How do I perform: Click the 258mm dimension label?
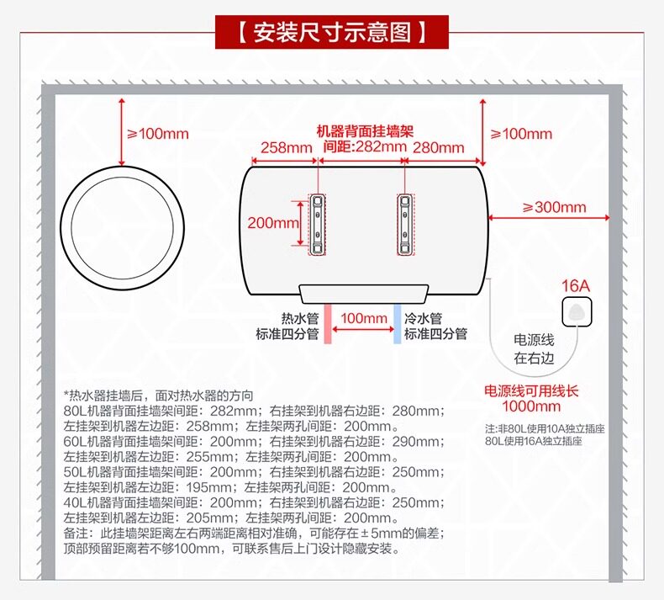(x=286, y=148)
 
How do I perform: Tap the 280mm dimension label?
(x=438, y=148)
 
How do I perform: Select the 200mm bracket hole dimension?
(x=272, y=223)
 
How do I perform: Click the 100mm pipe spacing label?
(x=364, y=318)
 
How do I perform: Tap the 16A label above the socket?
(x=576, y=286)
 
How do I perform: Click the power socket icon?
(x=576, y=311)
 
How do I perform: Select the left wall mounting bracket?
(x=319, y=225)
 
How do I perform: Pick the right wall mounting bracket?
(x=406, y=225)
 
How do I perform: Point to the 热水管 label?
(x=300, y=319)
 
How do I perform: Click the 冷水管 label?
(x=424, y=319)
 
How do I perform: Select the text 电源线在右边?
(x=535, y=348)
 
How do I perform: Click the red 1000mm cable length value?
(x=531, y=407)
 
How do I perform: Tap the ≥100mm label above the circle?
(x=157, y=133)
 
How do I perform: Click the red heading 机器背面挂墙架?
(x=365, y=131)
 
